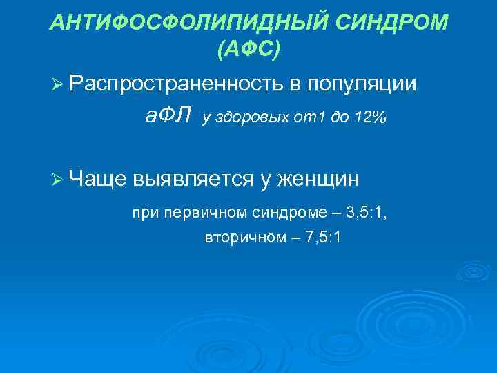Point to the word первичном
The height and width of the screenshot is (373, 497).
(x=195, y=213)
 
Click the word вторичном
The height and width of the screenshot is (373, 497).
(x=237, y=238)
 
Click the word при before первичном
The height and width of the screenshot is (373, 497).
(x=145, y=213)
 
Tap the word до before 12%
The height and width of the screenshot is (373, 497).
(x=337, y=118)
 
